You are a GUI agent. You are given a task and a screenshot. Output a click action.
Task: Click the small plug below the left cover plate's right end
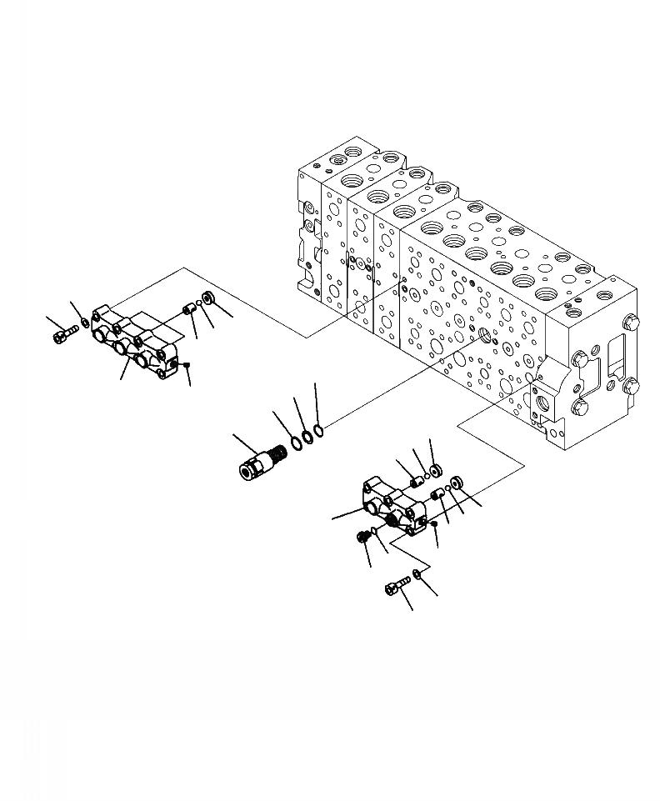(x=187, y=364)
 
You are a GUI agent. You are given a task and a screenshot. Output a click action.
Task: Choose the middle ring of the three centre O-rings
(x=307, y=434)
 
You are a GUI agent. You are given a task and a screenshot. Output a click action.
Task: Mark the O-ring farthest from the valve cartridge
(x=319, y=429)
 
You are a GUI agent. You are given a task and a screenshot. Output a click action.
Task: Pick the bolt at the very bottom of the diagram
(x=395, y=588)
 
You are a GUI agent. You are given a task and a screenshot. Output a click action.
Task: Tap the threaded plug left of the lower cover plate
(x=363, y=538)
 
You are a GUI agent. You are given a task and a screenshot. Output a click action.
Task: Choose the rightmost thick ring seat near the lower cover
(x=457, y=484)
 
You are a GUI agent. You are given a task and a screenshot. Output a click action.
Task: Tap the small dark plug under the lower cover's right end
(x=435, y=523)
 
